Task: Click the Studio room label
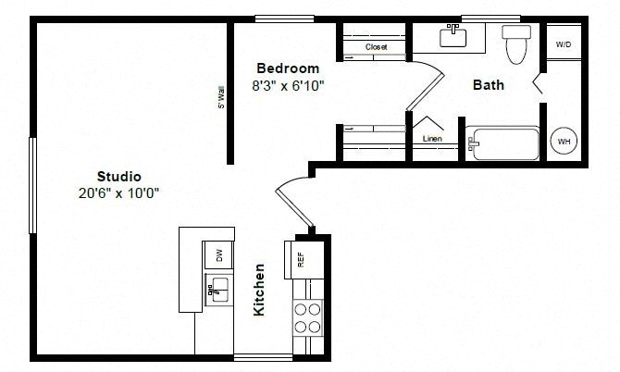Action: pyautogui.click(x=119, y=177)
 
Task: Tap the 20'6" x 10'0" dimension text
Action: pyautogui.click(x=118, y=193)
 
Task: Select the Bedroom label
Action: pyautogui.click(x=288, y=68)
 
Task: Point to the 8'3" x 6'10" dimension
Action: pyautogui.click(x=288, y=85)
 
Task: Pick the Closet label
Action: pyautogui.click(x=376, y=47)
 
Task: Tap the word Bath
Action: pyautogui.click(x=489, y=84)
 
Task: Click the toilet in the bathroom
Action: pyautogui.click(x=516, y=43)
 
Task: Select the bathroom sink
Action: pyautogui.click(x=453, y=36)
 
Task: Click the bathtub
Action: pyautogui.click(x=502, y=143)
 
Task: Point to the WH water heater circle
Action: pyautogui.click(x=564, y=141)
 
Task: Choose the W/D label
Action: pyautogui.click(x=564, y=44)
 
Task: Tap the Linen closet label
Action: pyautogui.click(x=432, y=139)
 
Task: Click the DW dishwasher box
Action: pyautogui.click(x=218, y=255)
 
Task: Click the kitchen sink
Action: pyautogui.click(x=217, y=290)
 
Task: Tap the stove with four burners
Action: pyautogui.click(x=307, y=317)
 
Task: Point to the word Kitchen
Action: pyautogui.click(x=258, y=290)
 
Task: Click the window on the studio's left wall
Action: pyautogui.click(x=32, y=185)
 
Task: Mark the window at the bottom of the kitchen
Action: pyautogui.click(x=263, y=357)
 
